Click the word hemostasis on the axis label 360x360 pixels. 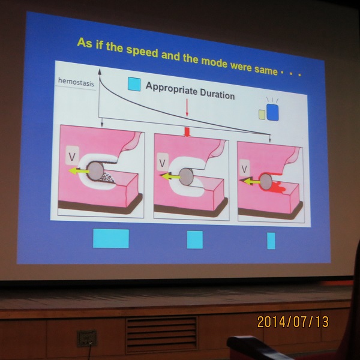coord(76,82)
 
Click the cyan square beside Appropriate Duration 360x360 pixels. coord(134,84)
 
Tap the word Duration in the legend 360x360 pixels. coord(217,94)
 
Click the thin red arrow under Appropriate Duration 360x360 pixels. coord(187,108)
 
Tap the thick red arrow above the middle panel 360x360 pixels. coord(187,133)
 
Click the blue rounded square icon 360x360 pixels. coord(272,112)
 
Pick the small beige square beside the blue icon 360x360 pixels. coord(262,115)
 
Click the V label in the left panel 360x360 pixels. coord(72,157)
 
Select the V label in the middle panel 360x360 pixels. coord(163,163)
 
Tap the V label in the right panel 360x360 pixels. coord(244,169)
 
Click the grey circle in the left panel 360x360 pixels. coord(95,171)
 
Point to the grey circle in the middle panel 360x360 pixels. coord(186,177)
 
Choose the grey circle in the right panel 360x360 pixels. coord(266,181)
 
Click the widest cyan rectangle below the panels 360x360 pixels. coord(111,238)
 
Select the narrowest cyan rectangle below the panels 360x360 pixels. coord(271,241)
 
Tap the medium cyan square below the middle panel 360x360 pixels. coord(195,239)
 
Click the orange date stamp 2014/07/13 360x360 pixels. coord(293,322)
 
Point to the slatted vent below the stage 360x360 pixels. coord(161,335)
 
